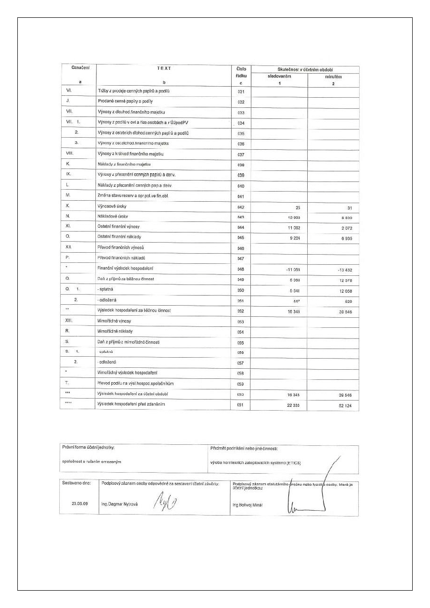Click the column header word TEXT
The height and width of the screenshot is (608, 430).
(x=164, y=68)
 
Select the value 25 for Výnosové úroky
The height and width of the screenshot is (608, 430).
(x=298, y=208)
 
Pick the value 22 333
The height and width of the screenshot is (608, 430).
(x=293, y=405)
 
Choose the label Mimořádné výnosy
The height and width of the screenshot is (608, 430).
(x=114, y=321)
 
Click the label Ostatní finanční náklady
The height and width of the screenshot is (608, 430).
(x=119, y=237)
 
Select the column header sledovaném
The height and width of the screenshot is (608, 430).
(x=279, y=77)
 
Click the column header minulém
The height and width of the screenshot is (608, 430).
(x=333, y=77)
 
